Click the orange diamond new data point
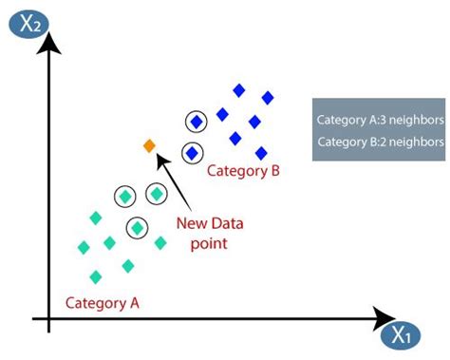pyautogui.click(x=148, y=145)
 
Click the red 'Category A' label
pyautogui.click(x=103, y=303)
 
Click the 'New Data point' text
pyautogui.click(x=210, y=234)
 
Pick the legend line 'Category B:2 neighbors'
pyautogui.click(x=380, y=142)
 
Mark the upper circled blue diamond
pyautogui.click(x=197, y=122)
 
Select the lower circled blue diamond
pyautogui.click(x=192, y=152)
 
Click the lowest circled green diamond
pyautogui.click(x=138, y=227)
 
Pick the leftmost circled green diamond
pyautogui.click(x=124, y=197)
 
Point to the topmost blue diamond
pyautogui.click(x=239, y=90)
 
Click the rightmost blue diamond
pyautogui.click(x=268, y=97)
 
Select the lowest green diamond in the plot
pyautogui.click(x=95, y=277)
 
